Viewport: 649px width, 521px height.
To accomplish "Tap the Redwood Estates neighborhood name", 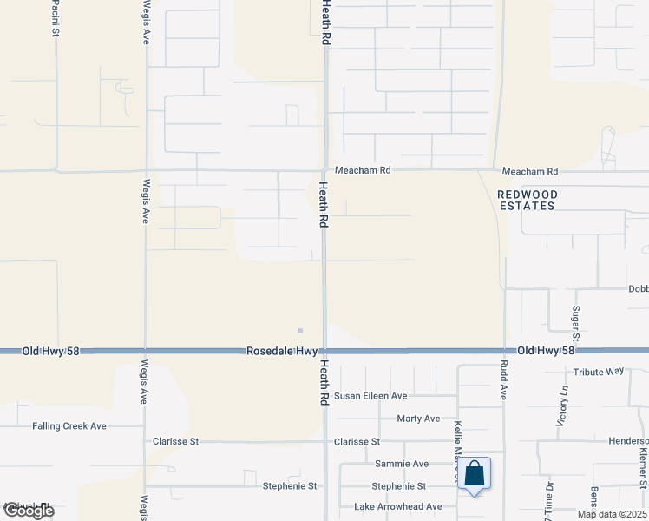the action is click(527, 200).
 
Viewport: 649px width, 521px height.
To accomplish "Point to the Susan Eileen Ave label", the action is click(370, 396).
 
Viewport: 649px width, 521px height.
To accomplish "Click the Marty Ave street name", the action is click(418, 419).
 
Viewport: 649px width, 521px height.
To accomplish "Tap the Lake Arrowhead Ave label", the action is click(397, 507).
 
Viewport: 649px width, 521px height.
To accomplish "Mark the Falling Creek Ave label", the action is click(69, 426).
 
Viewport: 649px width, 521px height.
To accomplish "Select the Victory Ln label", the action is click(561, 408).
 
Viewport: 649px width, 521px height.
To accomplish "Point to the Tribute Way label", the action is click(599, 371).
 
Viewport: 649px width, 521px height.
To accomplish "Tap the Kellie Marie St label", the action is click(456, 443).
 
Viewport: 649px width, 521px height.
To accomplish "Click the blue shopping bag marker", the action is click(475, 475).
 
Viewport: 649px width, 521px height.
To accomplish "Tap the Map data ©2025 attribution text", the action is click(612, 514).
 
